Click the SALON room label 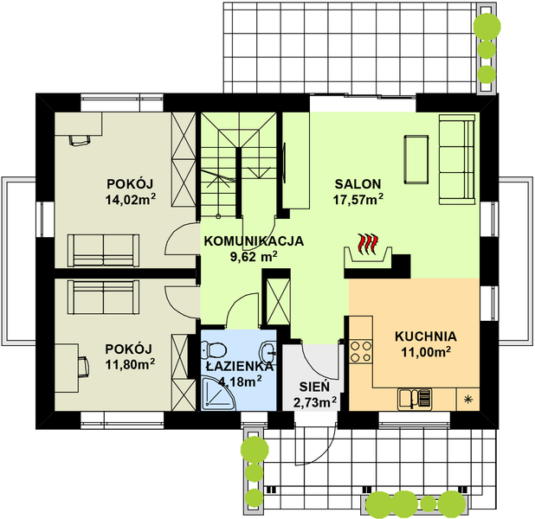(x=358, y=184)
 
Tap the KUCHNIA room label (x=425, y=336)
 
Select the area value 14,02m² (x=131, y=199)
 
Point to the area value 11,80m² (x=130, y=364)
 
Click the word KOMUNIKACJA (x=254, y=241)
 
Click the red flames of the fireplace (x=367, y=243)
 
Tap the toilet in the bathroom (x=215, y=349)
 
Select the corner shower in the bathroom (x=218, y=394)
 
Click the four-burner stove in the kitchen (x=361, y=351)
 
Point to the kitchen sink (x=415, y=399)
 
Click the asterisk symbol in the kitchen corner (x=468, y=399)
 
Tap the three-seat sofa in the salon (x=457, y=159)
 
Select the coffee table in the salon (x=416, y=159)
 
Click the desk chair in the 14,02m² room (x=81, y=140)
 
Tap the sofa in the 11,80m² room (x=103, y=297)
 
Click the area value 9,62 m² (x=254, y=257)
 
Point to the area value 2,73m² (x=315, y=402)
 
